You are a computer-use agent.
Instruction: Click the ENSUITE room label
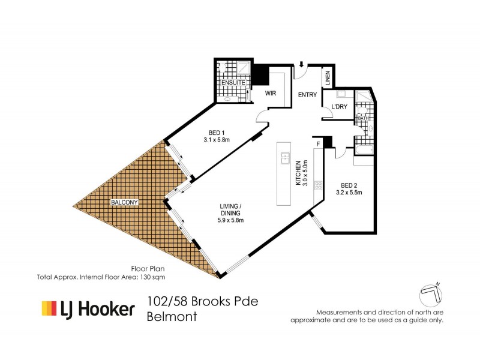pyautogui.click(x=230, y=82)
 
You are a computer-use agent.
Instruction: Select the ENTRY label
pyautogui.click(x=307, y=94)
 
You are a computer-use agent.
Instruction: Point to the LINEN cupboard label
pyautogui.click(x=328, y=77)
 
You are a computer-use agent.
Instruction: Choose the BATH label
pyautogui.click(x=362, y=118)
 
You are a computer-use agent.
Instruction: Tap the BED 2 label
pyautogui.click(x=349, y=185)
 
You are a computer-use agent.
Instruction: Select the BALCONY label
pyautogui.click(x=125, y=203)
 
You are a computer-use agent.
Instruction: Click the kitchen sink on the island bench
pyautogui.click(x=286, y=158)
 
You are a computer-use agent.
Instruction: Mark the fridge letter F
pyautogui.click(x=318, y=144)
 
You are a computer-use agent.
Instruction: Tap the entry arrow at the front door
pyautogui.click(x=300, y=64)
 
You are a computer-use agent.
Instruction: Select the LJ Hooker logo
pyautogui.click(x=88, y=309)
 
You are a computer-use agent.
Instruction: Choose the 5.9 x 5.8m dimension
pyautogui.click(x=231, y=220)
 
